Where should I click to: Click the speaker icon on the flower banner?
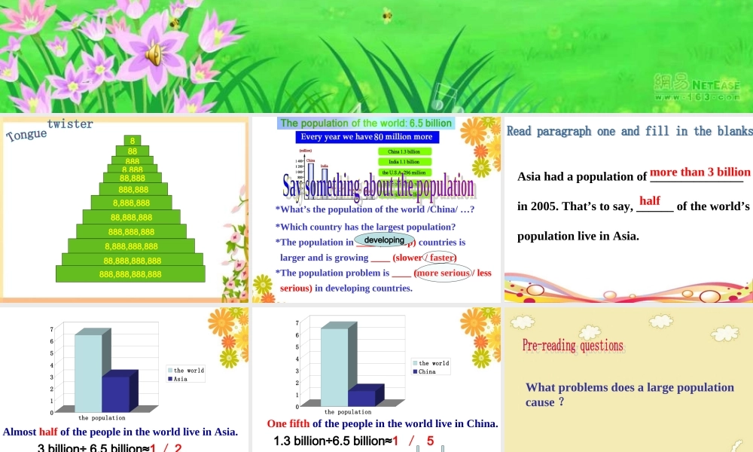pos(154,54)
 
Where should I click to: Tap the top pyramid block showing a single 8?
pos(133,141)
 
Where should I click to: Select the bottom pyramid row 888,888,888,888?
pos(130,274)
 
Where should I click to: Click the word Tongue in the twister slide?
pos(26,134)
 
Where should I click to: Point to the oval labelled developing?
pos(384,240)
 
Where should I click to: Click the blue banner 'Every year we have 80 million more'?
pos(367,137)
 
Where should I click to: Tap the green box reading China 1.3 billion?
pos(404,151)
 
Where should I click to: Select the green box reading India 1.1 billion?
pos(404,162)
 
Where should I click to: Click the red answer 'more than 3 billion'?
pos(700,173)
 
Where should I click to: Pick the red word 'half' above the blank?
pos(650,201)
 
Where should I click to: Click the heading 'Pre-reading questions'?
pos(573,346)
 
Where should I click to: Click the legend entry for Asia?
pos(180,379)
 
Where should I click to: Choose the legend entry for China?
pos(427,371)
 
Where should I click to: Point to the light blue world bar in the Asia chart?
pos(88,373)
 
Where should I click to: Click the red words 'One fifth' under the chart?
pos(289,424)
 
